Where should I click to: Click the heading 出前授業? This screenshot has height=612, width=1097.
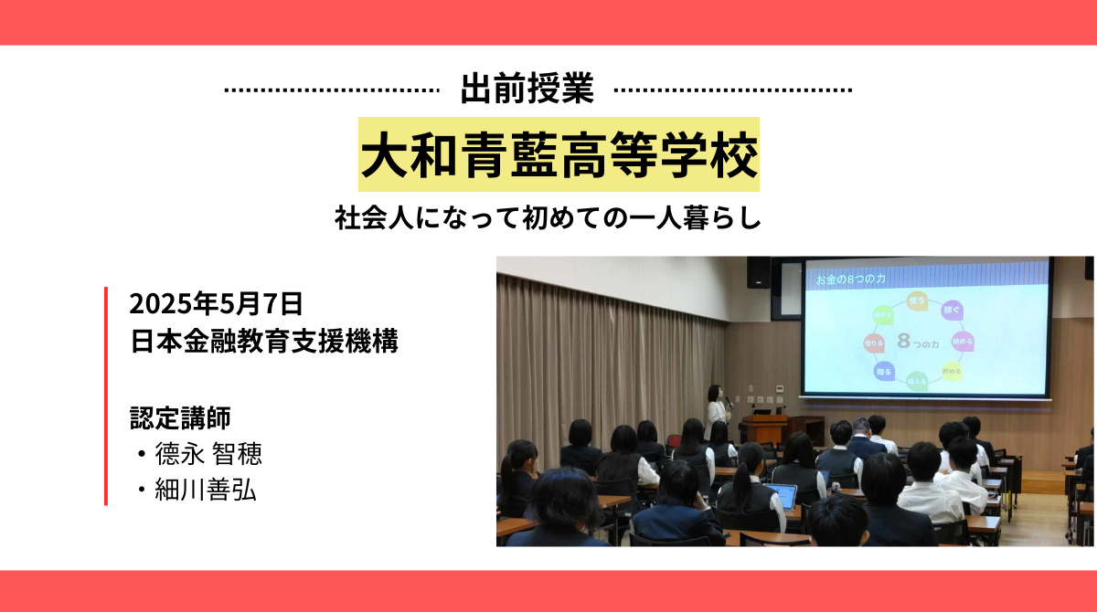[x=527, y=89]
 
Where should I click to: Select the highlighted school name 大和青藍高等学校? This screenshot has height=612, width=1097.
[x=559, y=154]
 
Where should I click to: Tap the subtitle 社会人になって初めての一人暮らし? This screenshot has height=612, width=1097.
[x=548, y=220]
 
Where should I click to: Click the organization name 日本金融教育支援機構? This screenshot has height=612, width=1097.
[x=263, y=343]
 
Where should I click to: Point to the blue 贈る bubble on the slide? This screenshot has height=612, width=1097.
[x=882, y=372]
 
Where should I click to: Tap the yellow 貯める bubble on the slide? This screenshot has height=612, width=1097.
[x=952, y=371]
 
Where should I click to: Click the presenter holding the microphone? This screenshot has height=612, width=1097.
[x=716, y=412]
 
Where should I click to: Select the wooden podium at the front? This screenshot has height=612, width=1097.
[x=763, y=428]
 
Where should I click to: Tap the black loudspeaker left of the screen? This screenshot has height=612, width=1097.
[x=759, y=271]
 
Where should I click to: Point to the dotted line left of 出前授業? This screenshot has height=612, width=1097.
[x=331, y=90]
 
